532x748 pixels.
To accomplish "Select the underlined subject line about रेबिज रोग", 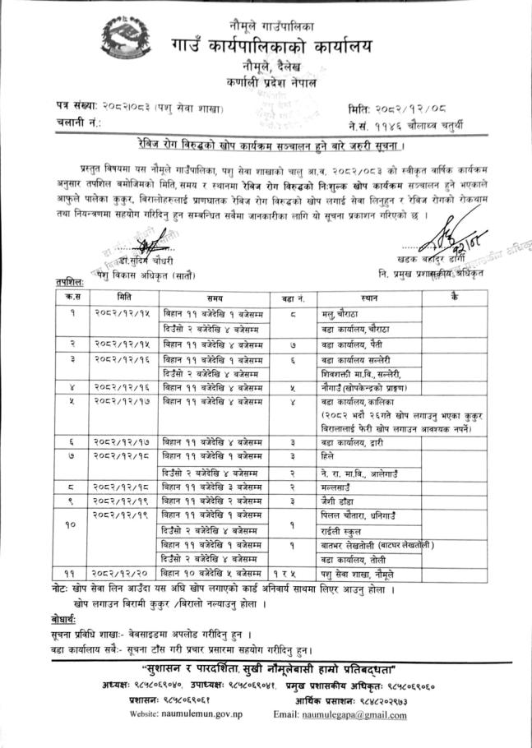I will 268,145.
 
